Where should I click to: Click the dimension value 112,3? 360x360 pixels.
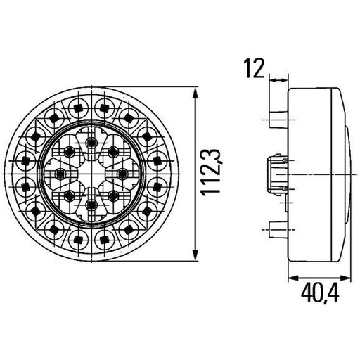211,172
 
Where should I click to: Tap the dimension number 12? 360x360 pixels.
254,68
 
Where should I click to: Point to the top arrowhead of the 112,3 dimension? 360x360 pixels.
195,94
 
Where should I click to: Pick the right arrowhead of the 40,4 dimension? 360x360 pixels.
345,278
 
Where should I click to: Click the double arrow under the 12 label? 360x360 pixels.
278,80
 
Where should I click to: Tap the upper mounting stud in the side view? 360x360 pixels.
278,120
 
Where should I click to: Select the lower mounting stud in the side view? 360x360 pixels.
278,230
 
